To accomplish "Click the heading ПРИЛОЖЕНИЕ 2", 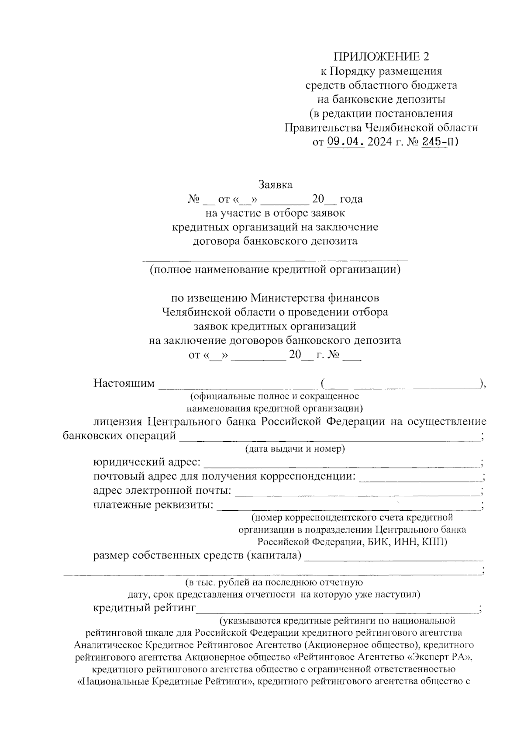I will coord(381,57).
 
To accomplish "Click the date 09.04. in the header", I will coord(345,142).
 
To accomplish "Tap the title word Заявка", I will coord(275,184).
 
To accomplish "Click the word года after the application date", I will coord(351,199).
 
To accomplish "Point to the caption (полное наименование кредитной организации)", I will coord(275,270).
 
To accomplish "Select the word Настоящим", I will coord(124,384).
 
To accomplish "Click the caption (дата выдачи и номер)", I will coord(295,449).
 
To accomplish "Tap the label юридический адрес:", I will coord(147,462).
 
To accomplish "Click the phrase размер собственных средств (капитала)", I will coord(197,556).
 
